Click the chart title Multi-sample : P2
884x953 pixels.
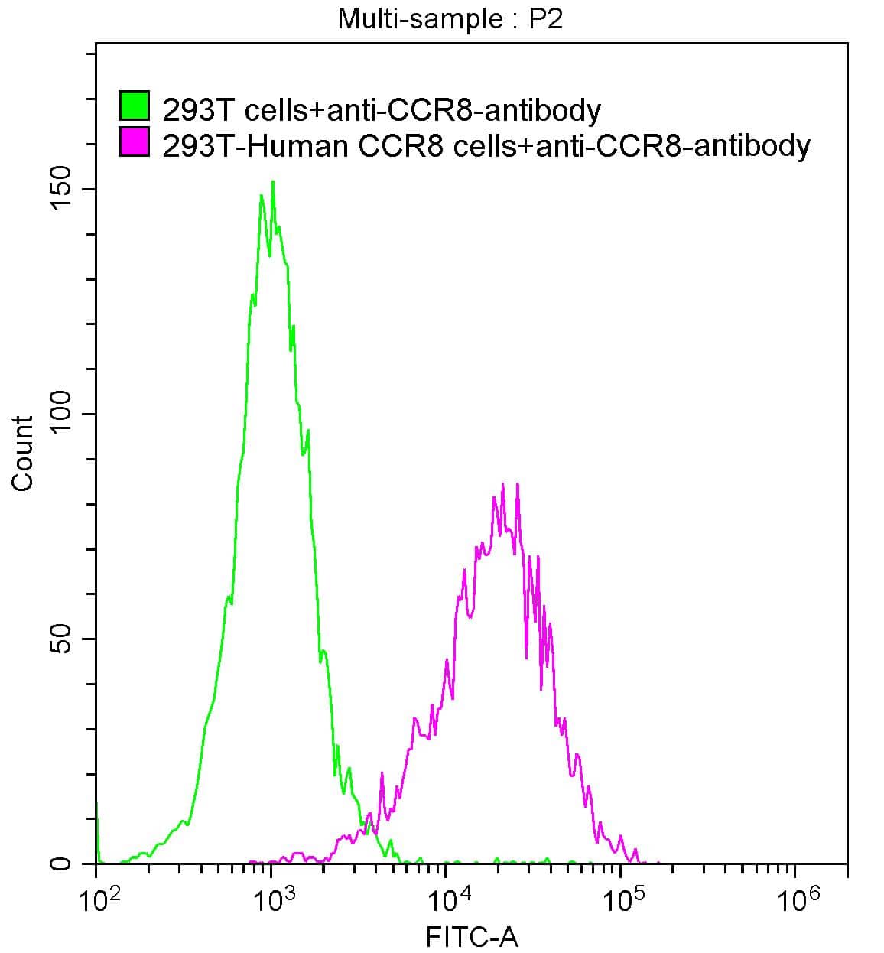click(450, 18)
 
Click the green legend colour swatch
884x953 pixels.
click(135, 106)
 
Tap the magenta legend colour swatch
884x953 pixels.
click(135, 142)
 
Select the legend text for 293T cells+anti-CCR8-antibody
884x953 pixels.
click(382, 110)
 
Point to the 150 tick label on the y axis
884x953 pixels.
click(62, 189)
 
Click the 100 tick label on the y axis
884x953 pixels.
click(62, 414)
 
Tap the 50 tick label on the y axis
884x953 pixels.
click(62, 639)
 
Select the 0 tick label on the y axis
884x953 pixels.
click(62, 864)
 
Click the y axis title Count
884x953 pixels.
click(23, 453)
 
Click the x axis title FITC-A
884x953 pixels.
click(472, 937)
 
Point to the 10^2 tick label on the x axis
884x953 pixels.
click(99, 901)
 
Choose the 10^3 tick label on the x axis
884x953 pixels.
click(273, 901)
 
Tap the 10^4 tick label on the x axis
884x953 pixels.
click(447, 901)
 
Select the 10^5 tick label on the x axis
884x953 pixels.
click(622, 901)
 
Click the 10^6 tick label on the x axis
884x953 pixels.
click(795, 901)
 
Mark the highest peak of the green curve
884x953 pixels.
click(272, 182)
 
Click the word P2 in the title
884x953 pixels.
click(545, 18)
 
